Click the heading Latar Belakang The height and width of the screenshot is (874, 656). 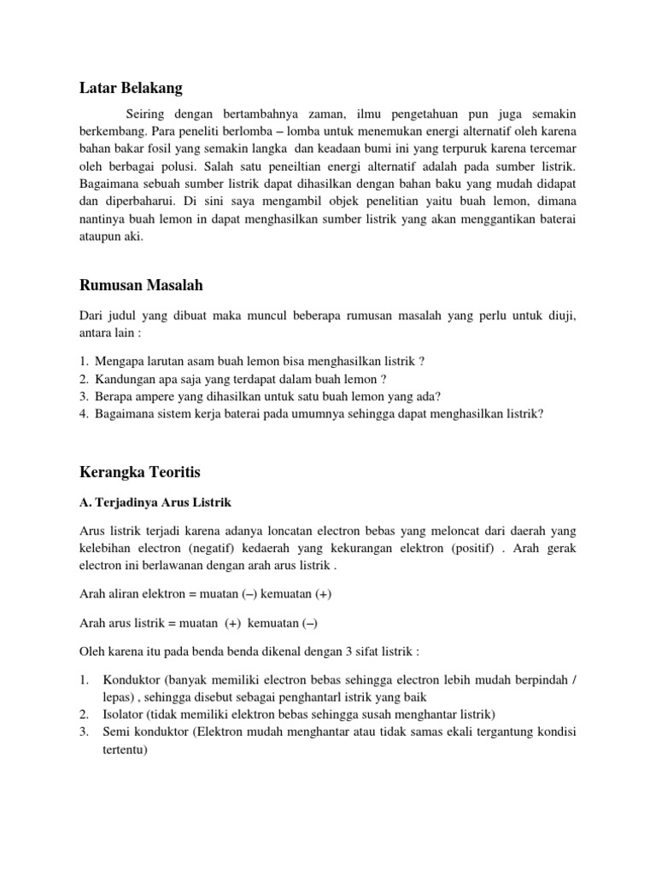[x=131, y=87]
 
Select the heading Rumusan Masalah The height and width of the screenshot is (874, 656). [x=141, y=285]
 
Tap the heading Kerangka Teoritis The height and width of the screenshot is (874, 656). [x=140, y=471]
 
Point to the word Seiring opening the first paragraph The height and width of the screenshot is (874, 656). [x=147, y=114]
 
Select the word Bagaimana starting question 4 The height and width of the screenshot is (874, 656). [x=127, y=414]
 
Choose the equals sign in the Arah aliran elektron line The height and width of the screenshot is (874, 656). [x=194, y=594]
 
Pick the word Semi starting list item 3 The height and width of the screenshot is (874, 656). [x=114, y=732]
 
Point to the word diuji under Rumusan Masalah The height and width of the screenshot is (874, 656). [x=558, y=317]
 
